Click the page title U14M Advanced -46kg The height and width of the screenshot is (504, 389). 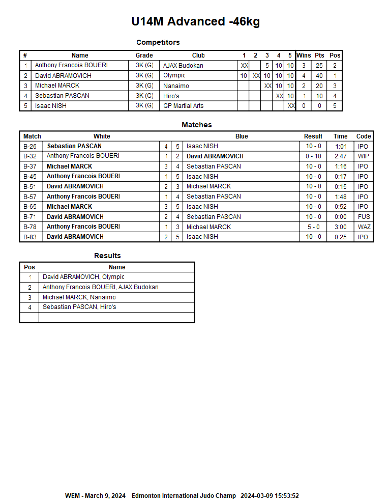coord(195,21)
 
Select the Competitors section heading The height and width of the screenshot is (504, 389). coord(158,42)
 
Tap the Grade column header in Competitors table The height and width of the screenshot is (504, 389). coord(144,55)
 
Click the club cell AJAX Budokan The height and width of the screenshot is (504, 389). coord(183,66)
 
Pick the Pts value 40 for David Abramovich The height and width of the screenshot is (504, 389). coord(319,76)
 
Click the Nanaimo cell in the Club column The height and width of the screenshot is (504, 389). coord(176,86)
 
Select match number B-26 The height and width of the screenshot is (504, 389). coord(30,146)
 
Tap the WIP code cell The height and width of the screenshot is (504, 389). coord(363,156)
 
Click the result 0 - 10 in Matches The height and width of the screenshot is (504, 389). coord(313,156)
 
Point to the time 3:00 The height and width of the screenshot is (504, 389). coord(341,227)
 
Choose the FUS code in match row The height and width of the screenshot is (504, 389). coord(364,217)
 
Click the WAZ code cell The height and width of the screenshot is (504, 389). coord(364,227)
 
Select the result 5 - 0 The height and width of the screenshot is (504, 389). coord(313,227)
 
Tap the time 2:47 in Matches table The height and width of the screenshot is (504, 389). coord(341,156)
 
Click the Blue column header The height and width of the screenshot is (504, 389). coord(242,136)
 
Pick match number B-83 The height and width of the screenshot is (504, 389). coord(30,237)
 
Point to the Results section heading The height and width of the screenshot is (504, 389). coord(107,256)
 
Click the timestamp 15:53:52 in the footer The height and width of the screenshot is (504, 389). coord(285,496)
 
